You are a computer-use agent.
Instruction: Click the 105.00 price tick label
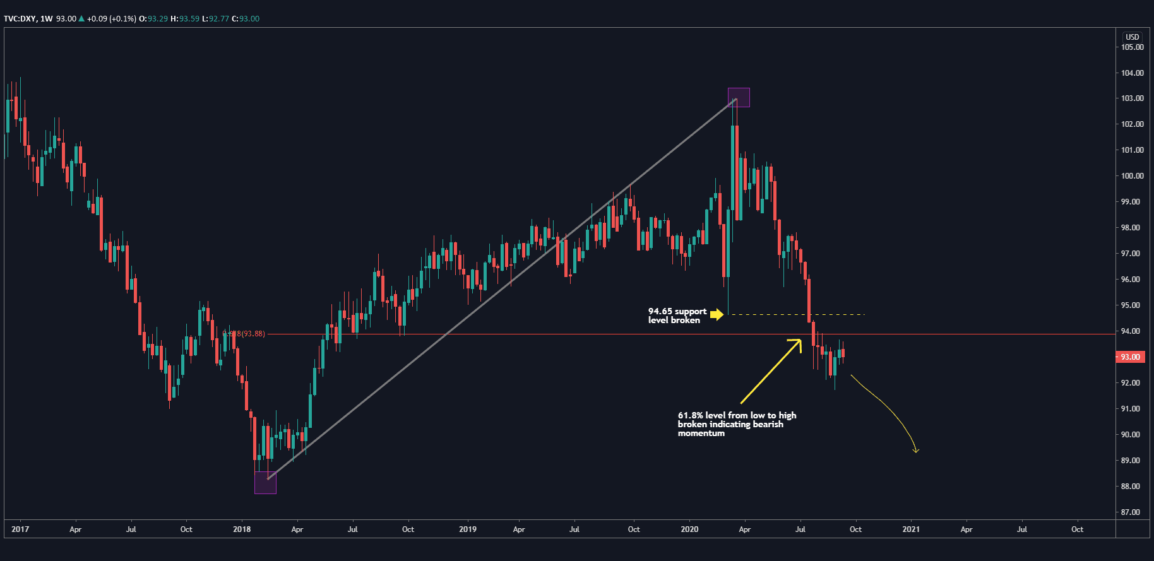click(x=1132, y=47)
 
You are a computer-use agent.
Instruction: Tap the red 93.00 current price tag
click(x=1130, y=357)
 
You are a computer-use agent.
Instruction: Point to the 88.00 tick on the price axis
click(x=1130, y=487)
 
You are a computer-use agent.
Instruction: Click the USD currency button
click(x=1133, y=37)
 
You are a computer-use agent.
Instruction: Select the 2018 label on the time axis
click(x=242, y=529)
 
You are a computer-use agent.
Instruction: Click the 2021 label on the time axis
click(x=911, y=529)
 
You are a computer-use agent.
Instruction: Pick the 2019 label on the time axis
click(x=468, y=529)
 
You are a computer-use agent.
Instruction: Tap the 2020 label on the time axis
click(x=689, y=529)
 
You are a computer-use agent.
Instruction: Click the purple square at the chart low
click(x=265, y=483)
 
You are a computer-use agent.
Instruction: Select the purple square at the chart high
click(x=739, y=97)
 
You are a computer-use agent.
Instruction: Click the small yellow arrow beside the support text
click(x=717, y=314)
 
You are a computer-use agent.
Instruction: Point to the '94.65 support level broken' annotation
click(x=677, y=316)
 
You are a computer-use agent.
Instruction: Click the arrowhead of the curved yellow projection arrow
click(x=916, y=451)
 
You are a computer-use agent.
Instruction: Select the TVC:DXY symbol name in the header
click(x=20, y=19)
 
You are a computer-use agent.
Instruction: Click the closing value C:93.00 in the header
click(x=246, y=19)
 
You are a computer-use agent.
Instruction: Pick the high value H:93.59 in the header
click(x=184, y=19)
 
